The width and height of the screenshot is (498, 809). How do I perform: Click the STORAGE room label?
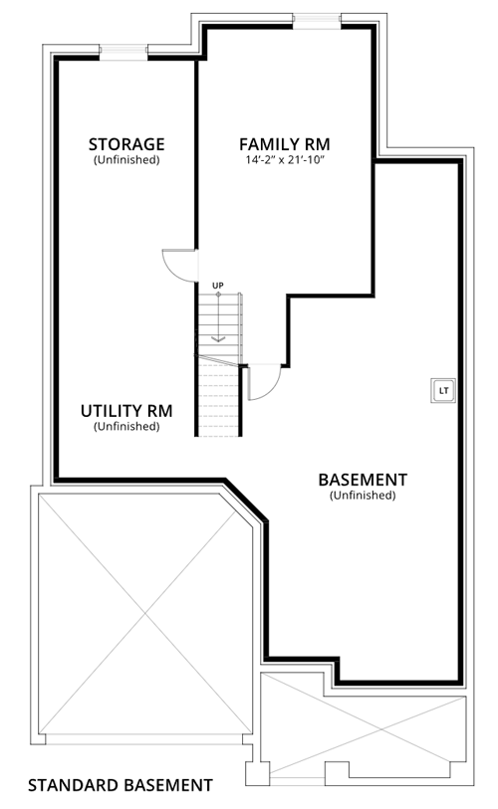click(126, 144)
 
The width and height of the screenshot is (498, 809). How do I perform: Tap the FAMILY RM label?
click(285, 144)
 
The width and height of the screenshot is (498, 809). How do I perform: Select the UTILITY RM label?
click(126, 411)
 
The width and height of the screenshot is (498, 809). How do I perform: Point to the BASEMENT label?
click(363, 480)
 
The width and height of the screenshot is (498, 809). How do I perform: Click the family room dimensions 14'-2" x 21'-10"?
click(285, 160)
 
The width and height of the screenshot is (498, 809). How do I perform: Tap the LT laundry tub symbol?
click(444, 391)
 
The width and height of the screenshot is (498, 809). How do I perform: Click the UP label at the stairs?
click(218, 286)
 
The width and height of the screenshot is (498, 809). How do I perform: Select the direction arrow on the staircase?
click(218, 317)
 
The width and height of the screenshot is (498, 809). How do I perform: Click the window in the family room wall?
click(317, 21)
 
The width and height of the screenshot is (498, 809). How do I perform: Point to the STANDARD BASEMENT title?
click(121, 785)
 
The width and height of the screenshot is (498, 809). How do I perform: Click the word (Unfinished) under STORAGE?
click(126, 160)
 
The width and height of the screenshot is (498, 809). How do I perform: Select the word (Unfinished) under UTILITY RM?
click(126, 427)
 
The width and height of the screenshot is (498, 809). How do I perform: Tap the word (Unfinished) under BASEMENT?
click(363, 496)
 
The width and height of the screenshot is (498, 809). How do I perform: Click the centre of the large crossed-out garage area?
click(145, 614)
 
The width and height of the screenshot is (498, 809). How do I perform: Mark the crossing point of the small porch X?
click(382, 729)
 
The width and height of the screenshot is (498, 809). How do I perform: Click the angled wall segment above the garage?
click(245, 500)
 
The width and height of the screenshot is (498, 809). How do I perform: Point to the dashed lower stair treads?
click(219, 399)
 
